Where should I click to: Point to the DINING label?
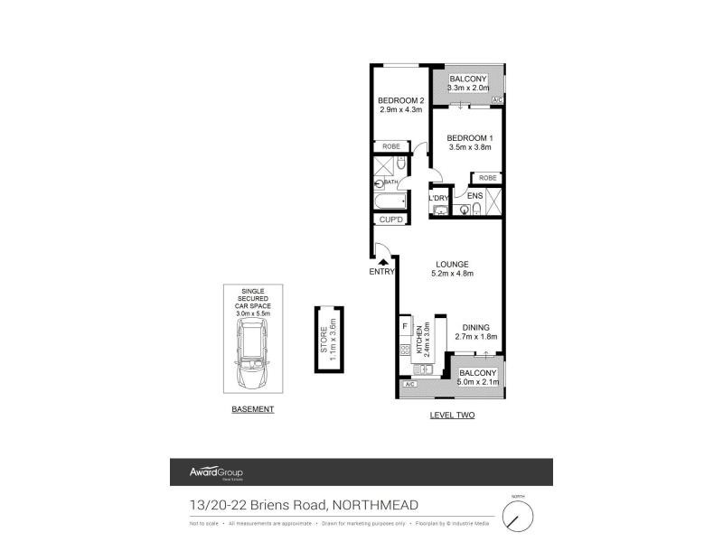click(475, 327)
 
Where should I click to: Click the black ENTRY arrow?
click(382, 261)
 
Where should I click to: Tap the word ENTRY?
click(381, 271)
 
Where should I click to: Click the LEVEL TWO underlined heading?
click(452, 415)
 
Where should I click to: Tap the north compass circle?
click(518, 516)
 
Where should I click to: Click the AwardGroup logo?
click(215, 472)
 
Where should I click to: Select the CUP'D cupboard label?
click(390, 219)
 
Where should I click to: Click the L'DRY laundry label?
click(440, 197)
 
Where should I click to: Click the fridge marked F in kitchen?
click(404, 324)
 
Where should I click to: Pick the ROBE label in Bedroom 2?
click(391, 146)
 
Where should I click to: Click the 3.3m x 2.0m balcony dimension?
click(467, 88)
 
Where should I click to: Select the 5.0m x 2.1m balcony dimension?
click(478, 383)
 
